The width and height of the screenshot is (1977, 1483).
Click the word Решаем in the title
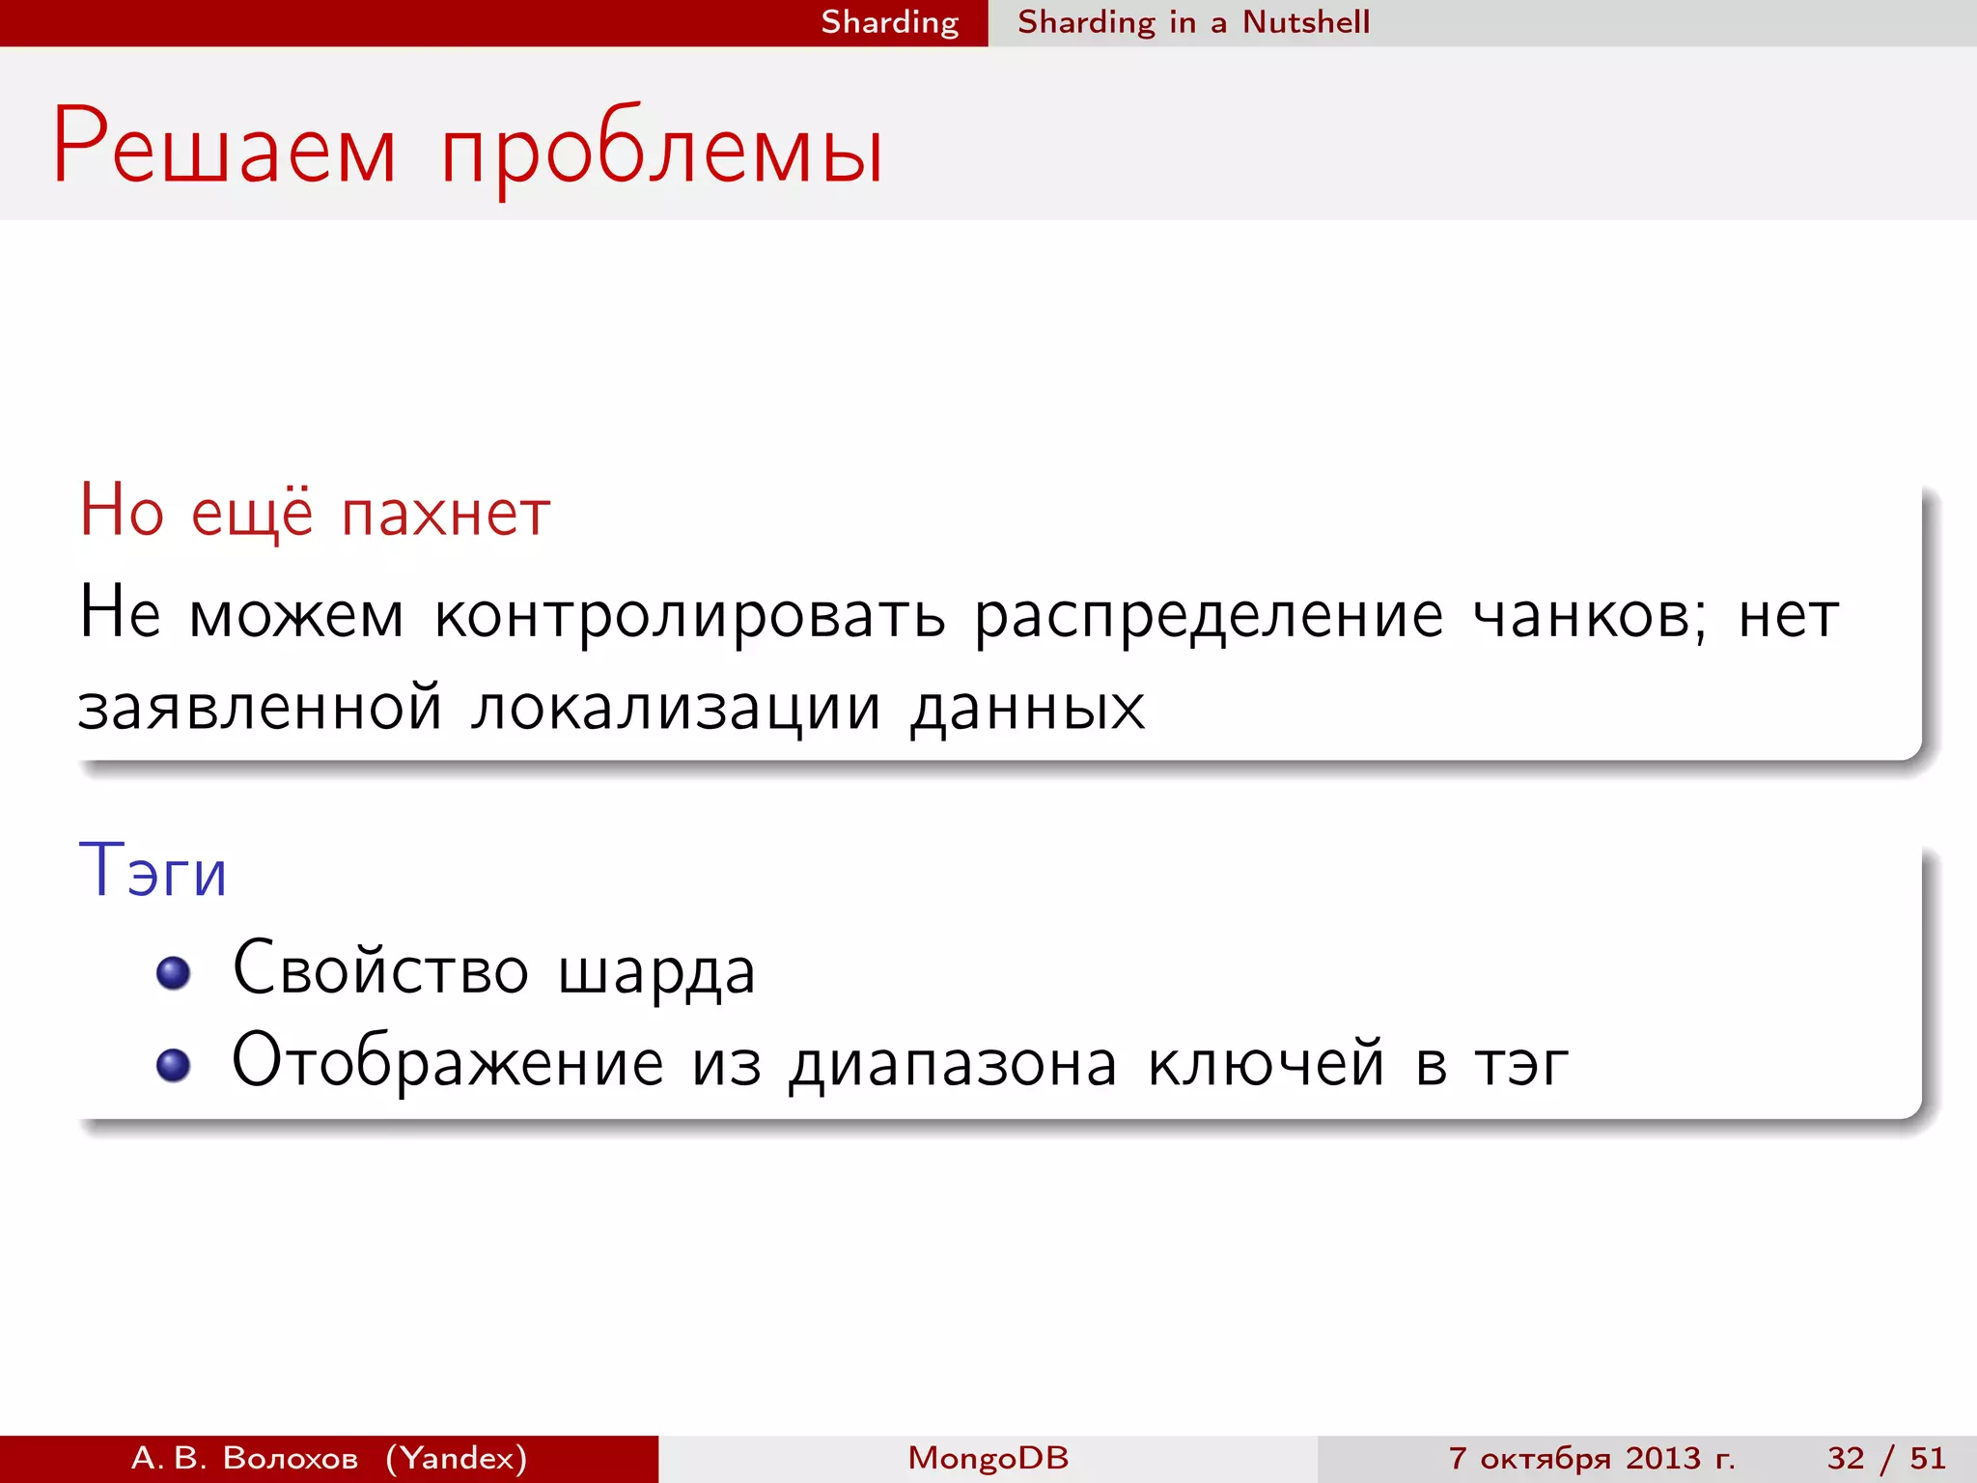[x=224, y=147]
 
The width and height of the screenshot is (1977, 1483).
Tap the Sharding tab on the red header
[x=889, y=22]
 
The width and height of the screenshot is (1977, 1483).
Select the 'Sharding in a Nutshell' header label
[x=1193, y=22]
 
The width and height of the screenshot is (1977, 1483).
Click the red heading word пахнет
[x=446, y=513]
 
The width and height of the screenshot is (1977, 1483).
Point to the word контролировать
[x=689, y=615]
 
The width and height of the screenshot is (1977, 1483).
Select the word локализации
[x=676, y=708]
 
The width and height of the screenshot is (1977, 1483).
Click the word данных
[x=1027, y=708]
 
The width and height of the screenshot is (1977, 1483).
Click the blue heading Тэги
[x=153, y=870]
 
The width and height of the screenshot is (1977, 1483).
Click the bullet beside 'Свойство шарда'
[x=174, y=972]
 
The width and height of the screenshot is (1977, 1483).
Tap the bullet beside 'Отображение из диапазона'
[x=174, y=1065]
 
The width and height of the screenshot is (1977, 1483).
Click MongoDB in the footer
[x=988, y=1458]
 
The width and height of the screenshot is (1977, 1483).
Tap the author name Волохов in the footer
[x=290, y=1458]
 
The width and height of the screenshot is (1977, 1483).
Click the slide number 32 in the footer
[x=1845, y=1458]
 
